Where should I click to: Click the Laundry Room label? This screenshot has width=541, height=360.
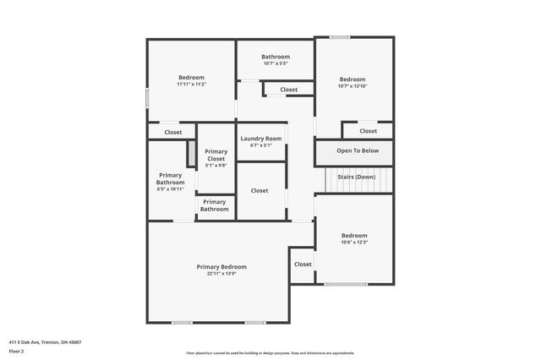pyautogui.click(x=260, y=139)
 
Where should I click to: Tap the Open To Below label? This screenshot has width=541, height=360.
pyautogui.click(x=358, y=150)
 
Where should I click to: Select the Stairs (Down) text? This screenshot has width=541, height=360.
pyautogui.click(x=356, y=177)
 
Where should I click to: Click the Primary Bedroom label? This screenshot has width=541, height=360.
pyautogui.click(x=221, y=267)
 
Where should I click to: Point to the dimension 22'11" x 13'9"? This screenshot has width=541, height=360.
pyautogui.click(x=221, y=274)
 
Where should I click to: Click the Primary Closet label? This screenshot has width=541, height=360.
pyautogui.click(x=216, y=155)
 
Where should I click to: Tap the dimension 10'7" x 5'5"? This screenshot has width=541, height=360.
pyautogui.click(x=276, y=63)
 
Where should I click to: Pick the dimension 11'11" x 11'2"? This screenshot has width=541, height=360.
pyautogui.click(x=191, y=85)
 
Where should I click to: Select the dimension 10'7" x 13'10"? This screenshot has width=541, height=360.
pyautogui.click(x=352, y=86)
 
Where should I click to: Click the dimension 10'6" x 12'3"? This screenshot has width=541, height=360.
pyautogui.click(x=354, y=243)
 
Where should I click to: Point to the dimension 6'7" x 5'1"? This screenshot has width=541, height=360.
pyautogui.click(x=260, y=145)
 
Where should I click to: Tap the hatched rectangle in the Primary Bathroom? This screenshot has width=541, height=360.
pyautogui.click(x=192, y=155)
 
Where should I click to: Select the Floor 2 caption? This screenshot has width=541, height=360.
pyautogui.click(x=16, y=351)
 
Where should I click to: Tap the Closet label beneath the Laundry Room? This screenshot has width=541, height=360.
pyautogui.click(x=260, y=190)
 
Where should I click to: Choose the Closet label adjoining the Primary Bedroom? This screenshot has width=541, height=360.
pyautogui.click(x=303, y=264)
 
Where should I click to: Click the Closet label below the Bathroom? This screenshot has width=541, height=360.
pyautogui.click(x=288, y=89)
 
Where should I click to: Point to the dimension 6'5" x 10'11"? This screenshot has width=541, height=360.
pyautogui.click(x=170, y=189)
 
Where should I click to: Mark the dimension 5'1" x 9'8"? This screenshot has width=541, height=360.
pyautogui.click(x=216, y=166)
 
